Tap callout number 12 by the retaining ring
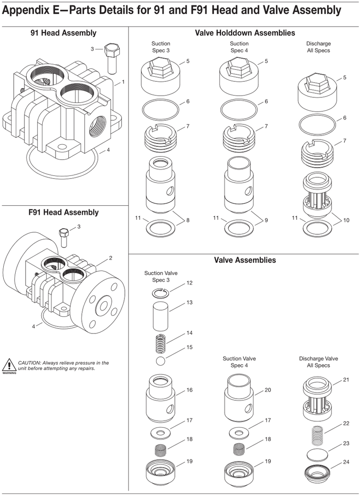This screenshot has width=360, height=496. click(x=189, y=283)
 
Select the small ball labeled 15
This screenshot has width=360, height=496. click(x=161, y=361)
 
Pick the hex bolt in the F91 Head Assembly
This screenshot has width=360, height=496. click(x=63, y=238)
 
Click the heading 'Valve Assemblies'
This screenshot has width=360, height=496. click(x=245, y=260)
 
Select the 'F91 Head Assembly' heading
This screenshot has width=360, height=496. click(x=63, y=212)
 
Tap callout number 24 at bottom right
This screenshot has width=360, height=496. click(x=346, y=462)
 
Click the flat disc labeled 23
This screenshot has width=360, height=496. click(x=317, y=455)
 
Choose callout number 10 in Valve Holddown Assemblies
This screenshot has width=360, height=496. click(x=346, y=220)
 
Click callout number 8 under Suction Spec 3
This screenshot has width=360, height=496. click(x=188, y=220)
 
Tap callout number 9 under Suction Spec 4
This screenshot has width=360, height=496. click(x=266, y=220)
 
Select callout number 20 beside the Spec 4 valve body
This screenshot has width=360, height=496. click(x=268, y=390)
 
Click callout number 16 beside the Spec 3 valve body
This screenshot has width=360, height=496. click(x=189, y=390)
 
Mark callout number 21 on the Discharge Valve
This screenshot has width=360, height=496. click(x=346, y=380)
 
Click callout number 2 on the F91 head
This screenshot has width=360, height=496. click(x=110, y=258)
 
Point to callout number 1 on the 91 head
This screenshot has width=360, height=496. click(x=123, y=82)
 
